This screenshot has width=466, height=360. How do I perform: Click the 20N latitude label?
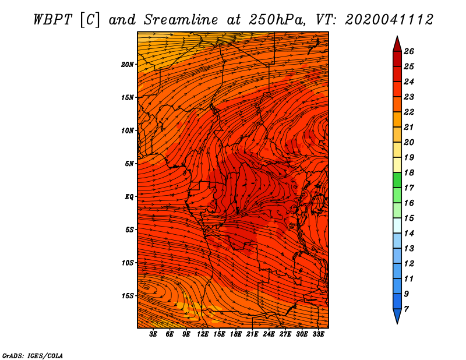[128, 65]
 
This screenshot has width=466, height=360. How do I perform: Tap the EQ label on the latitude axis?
[129, 197]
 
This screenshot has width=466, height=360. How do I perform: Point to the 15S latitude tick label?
[128, 296]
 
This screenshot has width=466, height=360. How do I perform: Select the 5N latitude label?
[129, 164]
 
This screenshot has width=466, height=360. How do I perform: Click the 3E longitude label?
[153, 334]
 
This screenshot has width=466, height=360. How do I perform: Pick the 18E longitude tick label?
[235, 334]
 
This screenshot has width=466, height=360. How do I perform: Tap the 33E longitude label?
[318, 334]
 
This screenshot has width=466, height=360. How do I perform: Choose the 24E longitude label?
[269, 334]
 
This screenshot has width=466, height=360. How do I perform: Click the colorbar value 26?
[409, 51]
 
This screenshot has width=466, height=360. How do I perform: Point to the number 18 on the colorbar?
[409, 172]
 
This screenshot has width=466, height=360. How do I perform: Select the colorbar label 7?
[406, 309]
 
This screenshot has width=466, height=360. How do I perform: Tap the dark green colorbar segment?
[397, 180]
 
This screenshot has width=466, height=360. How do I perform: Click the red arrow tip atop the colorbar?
[397, 36]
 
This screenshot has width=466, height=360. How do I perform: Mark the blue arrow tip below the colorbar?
[397, 323]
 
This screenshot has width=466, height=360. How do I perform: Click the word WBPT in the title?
[52, 20]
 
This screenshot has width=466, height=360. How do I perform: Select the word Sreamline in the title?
[181, 20]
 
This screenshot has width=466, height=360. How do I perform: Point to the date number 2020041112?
[389, 20]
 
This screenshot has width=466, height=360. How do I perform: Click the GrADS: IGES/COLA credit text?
[33, 356]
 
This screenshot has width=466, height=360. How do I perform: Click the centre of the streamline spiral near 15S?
[145, 286]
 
